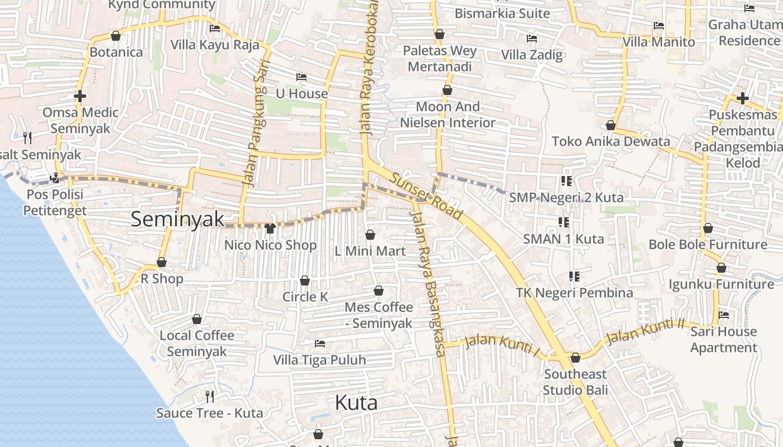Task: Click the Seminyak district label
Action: (x=177, y=220)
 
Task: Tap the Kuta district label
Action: (x=356, y=403)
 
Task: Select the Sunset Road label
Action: (x=426, y=196)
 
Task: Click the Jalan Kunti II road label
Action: (x=645, y=331)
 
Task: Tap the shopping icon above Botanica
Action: (x=116, y=36)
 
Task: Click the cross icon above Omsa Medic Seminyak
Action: (x=80, y=96)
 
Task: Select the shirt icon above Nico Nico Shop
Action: (x=270, y=228)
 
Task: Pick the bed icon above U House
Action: (x=301, y=77)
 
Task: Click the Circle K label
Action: (x=305, y=297)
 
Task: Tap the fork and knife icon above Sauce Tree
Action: (x=210, y=397)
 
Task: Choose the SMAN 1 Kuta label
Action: (x=563, y=239)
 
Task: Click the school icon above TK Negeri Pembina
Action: (x=574, y=276)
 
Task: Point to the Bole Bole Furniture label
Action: (x=707, y=244)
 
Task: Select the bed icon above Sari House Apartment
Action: (x=724, y=315)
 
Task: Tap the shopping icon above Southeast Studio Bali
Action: (x=575, y=358)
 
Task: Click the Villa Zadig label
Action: (x=531, y=55)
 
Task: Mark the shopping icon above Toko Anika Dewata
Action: (x=611, y=125)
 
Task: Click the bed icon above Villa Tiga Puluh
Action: (x=320, y=343)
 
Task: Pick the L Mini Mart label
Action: (x=370, y=251)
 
